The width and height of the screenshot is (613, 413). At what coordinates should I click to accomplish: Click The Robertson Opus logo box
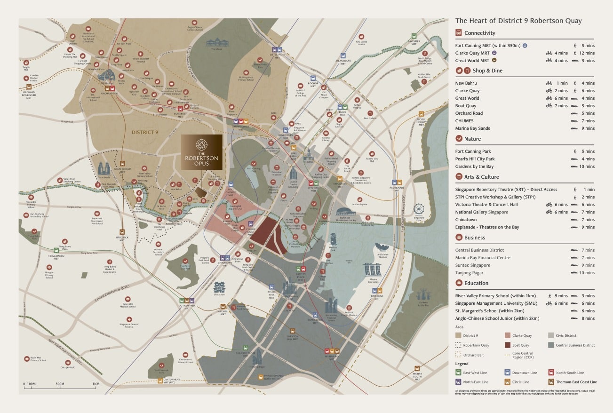point(201,152)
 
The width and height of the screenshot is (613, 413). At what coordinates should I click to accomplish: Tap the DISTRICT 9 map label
point(145,132)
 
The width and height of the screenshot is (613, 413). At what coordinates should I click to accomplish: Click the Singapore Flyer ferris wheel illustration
point(419,210)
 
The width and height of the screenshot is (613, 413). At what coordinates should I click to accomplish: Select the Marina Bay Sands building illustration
point(372,269)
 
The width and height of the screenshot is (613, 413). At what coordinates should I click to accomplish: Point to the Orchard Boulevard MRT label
point(29,94)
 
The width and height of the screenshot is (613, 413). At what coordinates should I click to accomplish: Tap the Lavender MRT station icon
point(414,36)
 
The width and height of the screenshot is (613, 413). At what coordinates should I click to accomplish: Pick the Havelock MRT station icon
point(122,231)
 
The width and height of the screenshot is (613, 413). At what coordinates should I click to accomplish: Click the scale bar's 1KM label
point(96,384)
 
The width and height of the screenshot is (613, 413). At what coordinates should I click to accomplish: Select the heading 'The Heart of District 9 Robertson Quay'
point(518,21)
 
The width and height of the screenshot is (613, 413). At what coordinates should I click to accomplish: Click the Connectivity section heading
point(479,33)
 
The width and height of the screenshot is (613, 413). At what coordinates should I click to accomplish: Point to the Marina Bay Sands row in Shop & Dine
point(472,128)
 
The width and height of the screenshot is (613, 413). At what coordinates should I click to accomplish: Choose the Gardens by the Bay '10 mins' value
point(587,167)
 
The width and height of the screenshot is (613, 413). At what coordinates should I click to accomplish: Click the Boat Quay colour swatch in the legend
point(508,345)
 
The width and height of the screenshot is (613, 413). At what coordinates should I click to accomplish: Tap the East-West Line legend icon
point(459,373)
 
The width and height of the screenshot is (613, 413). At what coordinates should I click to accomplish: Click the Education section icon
point(459,283)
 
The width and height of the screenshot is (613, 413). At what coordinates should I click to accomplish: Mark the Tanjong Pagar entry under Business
point(469,273)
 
